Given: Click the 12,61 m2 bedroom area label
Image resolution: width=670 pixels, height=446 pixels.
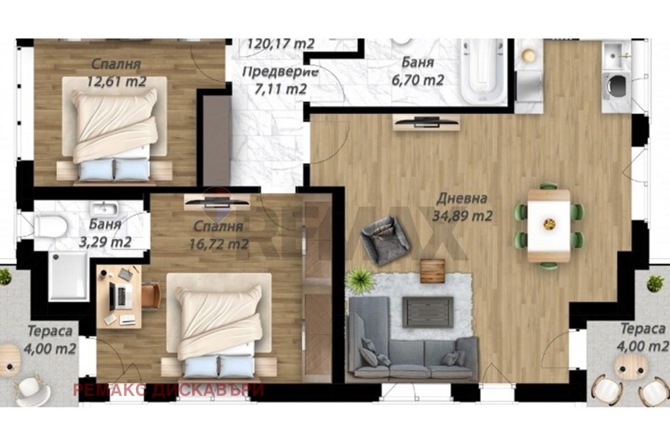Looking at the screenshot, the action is pos(116,81).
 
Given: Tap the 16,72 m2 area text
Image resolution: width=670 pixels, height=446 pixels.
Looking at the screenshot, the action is pos(219,244).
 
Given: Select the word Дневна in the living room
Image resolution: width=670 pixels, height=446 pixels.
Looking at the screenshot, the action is pos(462,198).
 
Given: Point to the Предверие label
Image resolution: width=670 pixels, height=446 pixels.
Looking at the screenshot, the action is pos(280,72).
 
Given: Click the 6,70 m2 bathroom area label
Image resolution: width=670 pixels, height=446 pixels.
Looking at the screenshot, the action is pos(418,80).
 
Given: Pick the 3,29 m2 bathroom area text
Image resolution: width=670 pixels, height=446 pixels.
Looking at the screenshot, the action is pos(105,242).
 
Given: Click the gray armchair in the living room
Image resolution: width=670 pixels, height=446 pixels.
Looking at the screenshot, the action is pos(385,240).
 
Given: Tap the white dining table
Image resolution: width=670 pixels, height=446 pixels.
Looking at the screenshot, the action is pos(549,226).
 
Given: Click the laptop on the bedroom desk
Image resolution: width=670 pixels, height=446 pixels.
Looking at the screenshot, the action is pos(121,295).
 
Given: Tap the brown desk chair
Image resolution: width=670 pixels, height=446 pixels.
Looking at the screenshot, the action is pos(151,295).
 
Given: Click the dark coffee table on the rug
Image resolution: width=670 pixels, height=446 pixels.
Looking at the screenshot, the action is pos(428,312).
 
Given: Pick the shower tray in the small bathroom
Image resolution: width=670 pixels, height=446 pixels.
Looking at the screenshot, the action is pos(69,276).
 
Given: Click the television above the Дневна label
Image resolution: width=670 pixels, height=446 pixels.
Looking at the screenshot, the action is pos(426,121).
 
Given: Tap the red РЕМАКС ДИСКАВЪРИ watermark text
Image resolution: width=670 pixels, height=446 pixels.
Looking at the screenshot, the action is pos(169,390).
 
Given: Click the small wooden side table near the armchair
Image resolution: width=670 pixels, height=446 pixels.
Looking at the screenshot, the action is pos(433,271).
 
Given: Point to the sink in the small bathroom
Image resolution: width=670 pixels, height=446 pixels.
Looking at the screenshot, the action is pos(104,209).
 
